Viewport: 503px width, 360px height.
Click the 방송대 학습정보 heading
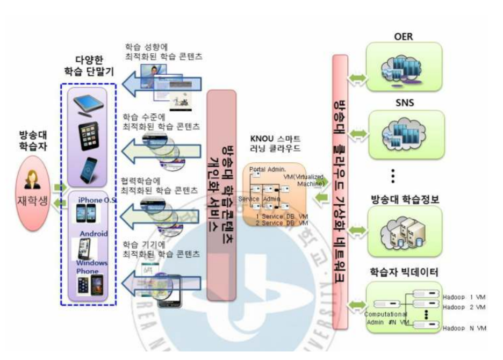coord(404,198)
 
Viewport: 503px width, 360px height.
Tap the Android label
coord(95,234)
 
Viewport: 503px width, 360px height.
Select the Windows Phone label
coord(91,267)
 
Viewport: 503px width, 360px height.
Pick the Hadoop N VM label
coord(464,328)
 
